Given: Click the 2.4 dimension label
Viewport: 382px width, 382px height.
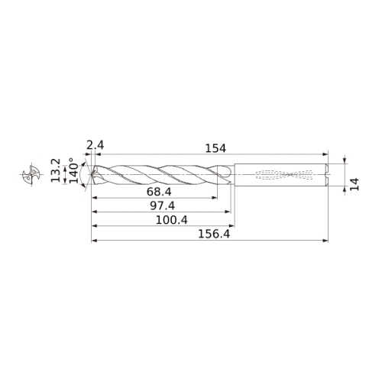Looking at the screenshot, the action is (x=95, y=146).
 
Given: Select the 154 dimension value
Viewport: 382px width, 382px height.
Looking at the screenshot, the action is (x=215, y=148).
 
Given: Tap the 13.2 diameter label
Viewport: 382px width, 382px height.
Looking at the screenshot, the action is (x=56, y=170).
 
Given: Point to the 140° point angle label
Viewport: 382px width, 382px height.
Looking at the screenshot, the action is (x=74, y=170).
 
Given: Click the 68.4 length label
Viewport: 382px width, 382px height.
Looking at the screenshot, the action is (x=159, y=192).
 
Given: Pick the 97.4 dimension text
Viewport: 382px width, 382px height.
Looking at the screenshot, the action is (x=162, y=206).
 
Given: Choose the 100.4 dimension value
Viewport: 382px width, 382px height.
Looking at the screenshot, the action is (x=172, y=220).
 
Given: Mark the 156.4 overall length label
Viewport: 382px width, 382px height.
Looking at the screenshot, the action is (x=214, y=234).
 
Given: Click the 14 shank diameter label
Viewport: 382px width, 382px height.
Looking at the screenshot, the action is (x=354, y=184).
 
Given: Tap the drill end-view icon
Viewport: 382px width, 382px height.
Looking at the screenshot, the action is (x=31, y=174).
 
